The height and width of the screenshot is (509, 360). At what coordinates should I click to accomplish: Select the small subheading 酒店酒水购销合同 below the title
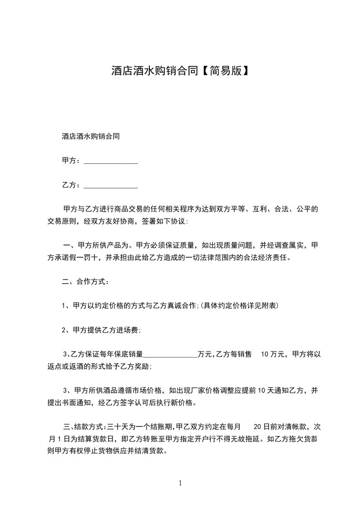tap(90, 136)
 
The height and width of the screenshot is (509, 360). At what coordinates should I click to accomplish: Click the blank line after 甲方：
tap(111, 161)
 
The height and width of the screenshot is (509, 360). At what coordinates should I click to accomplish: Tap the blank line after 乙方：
tap(111, 185)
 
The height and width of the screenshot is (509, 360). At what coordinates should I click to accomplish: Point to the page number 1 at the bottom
tap(180, 483)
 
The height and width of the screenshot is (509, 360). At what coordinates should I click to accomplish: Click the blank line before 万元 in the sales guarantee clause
tap(170, 354)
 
